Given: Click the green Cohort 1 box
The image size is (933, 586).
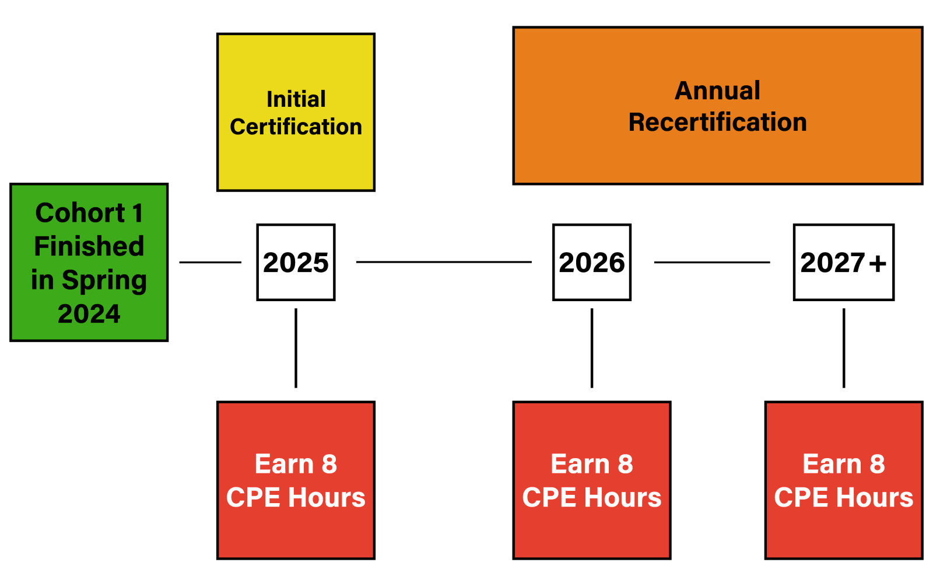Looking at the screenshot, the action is (x=89, y=263).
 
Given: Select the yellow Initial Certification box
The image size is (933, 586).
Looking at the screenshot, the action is (x=296, y=112).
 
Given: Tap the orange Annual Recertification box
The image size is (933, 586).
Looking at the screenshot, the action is (x=718, y=106).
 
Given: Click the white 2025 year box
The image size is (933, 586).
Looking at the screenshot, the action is (x=296, y=262).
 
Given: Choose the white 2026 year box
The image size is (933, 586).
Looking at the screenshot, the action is (x=592, y=262).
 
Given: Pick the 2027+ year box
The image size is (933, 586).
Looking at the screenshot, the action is (x=844, y=262).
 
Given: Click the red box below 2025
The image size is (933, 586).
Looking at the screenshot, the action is (x=296, y=480).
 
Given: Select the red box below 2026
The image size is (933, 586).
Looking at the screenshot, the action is (x=592, y=480).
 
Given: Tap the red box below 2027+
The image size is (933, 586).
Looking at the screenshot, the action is (x=844, y=480).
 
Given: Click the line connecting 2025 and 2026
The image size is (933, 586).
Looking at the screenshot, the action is (x=444, y=262).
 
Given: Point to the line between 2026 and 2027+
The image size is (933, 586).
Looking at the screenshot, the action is (x=712, y=262).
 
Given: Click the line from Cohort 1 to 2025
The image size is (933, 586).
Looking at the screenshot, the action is (x=211, y=262).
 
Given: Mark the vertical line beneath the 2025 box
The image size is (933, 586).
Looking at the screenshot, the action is (x=296, y=348).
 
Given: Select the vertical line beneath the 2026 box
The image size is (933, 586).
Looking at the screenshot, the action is (x=592, y=348).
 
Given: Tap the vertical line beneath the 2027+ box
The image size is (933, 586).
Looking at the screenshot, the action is (x=844, y=348).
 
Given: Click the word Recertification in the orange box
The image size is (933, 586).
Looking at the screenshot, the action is (x=718, y=122).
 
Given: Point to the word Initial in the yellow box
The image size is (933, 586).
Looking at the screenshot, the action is (x=296, y=99).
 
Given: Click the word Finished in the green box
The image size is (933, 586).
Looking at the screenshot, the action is (x=89, y=246).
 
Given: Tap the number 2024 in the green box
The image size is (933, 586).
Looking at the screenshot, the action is (x=89, y=313).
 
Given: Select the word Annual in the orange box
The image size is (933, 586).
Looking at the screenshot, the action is (x=718, y=90).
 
